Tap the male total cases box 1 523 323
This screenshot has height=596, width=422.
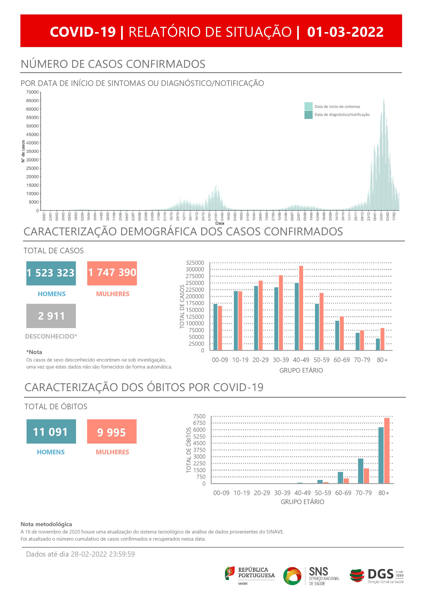[x=51, y=273]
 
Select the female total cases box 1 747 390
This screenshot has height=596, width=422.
[x=112, y=273]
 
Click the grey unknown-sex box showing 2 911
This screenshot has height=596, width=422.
[x=51, y=316]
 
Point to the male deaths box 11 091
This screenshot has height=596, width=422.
[x=51, y=432]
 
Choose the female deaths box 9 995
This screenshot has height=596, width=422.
[x=112, y=432]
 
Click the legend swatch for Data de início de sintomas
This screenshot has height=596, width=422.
[x=308, y=106]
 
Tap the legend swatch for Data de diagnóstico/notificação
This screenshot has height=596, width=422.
[x=308, y=115]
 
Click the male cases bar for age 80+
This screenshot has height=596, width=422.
[x=378, y=344]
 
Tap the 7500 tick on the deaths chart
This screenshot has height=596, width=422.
[x=199, y=416]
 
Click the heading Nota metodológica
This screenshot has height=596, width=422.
[x=46, y=524]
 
